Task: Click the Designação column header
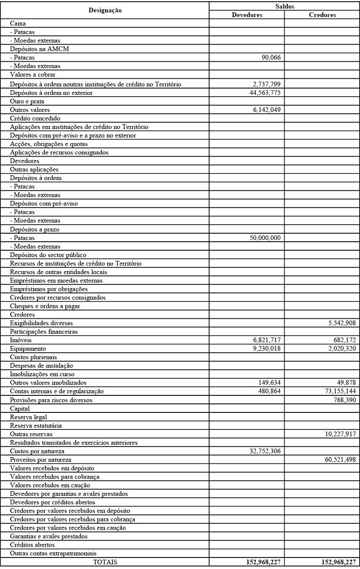coord(105,10)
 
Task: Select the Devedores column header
coord(247,15)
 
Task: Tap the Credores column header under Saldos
coord(322,15)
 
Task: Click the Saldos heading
coord(285,6)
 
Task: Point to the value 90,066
coord(271,57)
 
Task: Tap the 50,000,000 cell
coord(265,238)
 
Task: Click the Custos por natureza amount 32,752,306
coord(265,451)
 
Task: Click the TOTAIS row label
coord(105,562)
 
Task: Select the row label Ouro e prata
coord(27,101)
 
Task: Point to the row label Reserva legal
coord(29,417)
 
